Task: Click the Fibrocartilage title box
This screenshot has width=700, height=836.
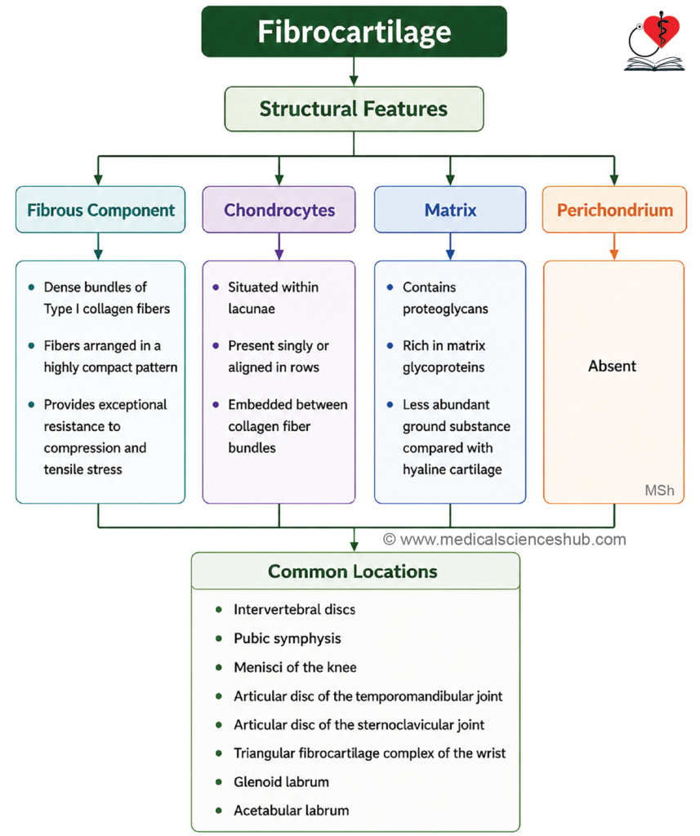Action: pos(354,32)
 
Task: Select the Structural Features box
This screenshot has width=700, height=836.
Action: pos(354,109)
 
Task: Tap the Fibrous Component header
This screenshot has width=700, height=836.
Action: pos(100,210)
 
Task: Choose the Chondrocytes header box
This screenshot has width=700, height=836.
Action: pos(279,210)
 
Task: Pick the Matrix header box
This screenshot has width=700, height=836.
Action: pos(450,210)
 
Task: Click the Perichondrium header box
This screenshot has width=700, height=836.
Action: pos(614,210)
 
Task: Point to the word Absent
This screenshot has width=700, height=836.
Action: pos(612,366)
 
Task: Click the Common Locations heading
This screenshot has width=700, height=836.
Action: pos(353,571)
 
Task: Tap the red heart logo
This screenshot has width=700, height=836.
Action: pos(662,30)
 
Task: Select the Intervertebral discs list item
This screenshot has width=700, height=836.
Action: pos(295,609)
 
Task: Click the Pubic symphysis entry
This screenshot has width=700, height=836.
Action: pos(287,638)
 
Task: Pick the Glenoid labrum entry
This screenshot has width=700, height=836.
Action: pos(281,781)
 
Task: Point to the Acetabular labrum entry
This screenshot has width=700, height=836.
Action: pos(292,811)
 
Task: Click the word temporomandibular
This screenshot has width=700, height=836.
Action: pos(411,696)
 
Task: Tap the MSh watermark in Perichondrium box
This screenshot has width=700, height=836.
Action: pos(659,490)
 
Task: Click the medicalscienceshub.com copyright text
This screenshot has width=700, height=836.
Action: pos(505,540)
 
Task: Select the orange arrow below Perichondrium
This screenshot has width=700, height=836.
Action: pos(614,247)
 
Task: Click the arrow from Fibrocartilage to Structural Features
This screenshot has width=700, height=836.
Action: pos(354,72)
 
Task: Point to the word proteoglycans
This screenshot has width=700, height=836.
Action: pos(445,309)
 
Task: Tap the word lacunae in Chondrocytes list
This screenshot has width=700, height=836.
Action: pos(252,309)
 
